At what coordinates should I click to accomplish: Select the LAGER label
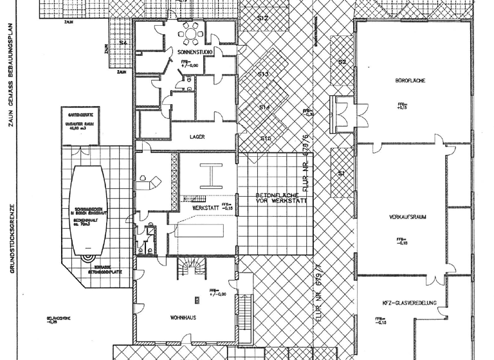(197, 137)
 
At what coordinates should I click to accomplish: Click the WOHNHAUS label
(183, 318)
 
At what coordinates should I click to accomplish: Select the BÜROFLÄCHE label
(408, 81)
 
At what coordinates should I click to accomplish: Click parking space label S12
(262, 19)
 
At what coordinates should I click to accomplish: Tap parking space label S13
(263, 75)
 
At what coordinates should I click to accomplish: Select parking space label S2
(342, 62)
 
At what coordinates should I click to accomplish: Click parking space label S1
(342, 174)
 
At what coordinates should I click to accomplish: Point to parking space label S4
(123, 43)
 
